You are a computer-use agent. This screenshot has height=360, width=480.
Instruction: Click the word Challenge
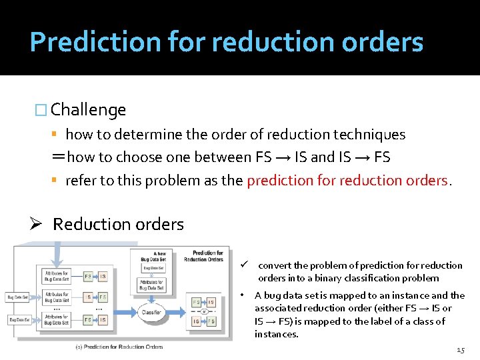(88, 109)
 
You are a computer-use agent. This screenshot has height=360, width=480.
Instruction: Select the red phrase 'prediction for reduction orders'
(349, 180)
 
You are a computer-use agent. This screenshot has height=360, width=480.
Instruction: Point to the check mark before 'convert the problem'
(245, 265)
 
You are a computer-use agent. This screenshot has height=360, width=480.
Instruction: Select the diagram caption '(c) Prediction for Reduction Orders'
(119, 347)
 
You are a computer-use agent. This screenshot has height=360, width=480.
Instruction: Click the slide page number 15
(461, 350)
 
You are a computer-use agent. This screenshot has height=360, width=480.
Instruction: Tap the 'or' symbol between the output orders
(204, 311)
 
